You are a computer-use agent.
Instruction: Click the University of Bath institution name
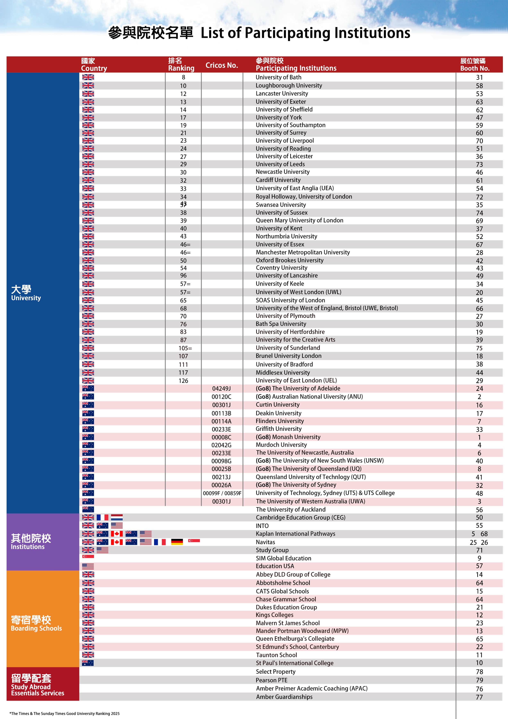(278, 77)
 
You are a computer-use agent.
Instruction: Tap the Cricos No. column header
(222, 65)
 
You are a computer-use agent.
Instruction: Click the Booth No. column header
(475, 65)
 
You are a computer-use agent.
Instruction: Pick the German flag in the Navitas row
(177, 542)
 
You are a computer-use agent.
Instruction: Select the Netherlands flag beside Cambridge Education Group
(117, 517)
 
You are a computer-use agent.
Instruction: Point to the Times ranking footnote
(65, 713)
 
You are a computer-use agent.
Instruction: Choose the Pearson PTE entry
(271, 680)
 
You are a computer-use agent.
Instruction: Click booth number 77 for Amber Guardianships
(479, 697)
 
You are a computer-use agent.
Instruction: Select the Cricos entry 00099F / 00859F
(222, 493)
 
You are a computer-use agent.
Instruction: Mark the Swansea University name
(281, 205)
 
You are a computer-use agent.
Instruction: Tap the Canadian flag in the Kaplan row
(117, 534)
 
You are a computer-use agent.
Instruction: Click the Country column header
(94, 65)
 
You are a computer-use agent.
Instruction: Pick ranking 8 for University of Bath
(183, 77)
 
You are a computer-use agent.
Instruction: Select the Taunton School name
(276, 655)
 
